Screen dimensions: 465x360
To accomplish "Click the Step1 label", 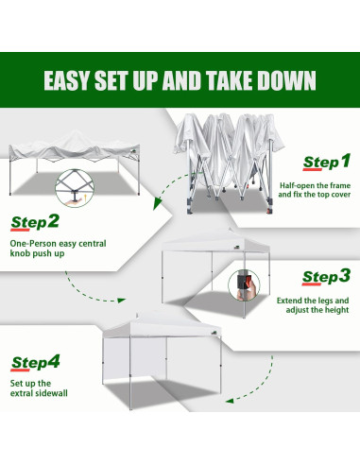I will [x=325, y=163].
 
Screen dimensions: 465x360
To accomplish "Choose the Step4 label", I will [x=35, y=363].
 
